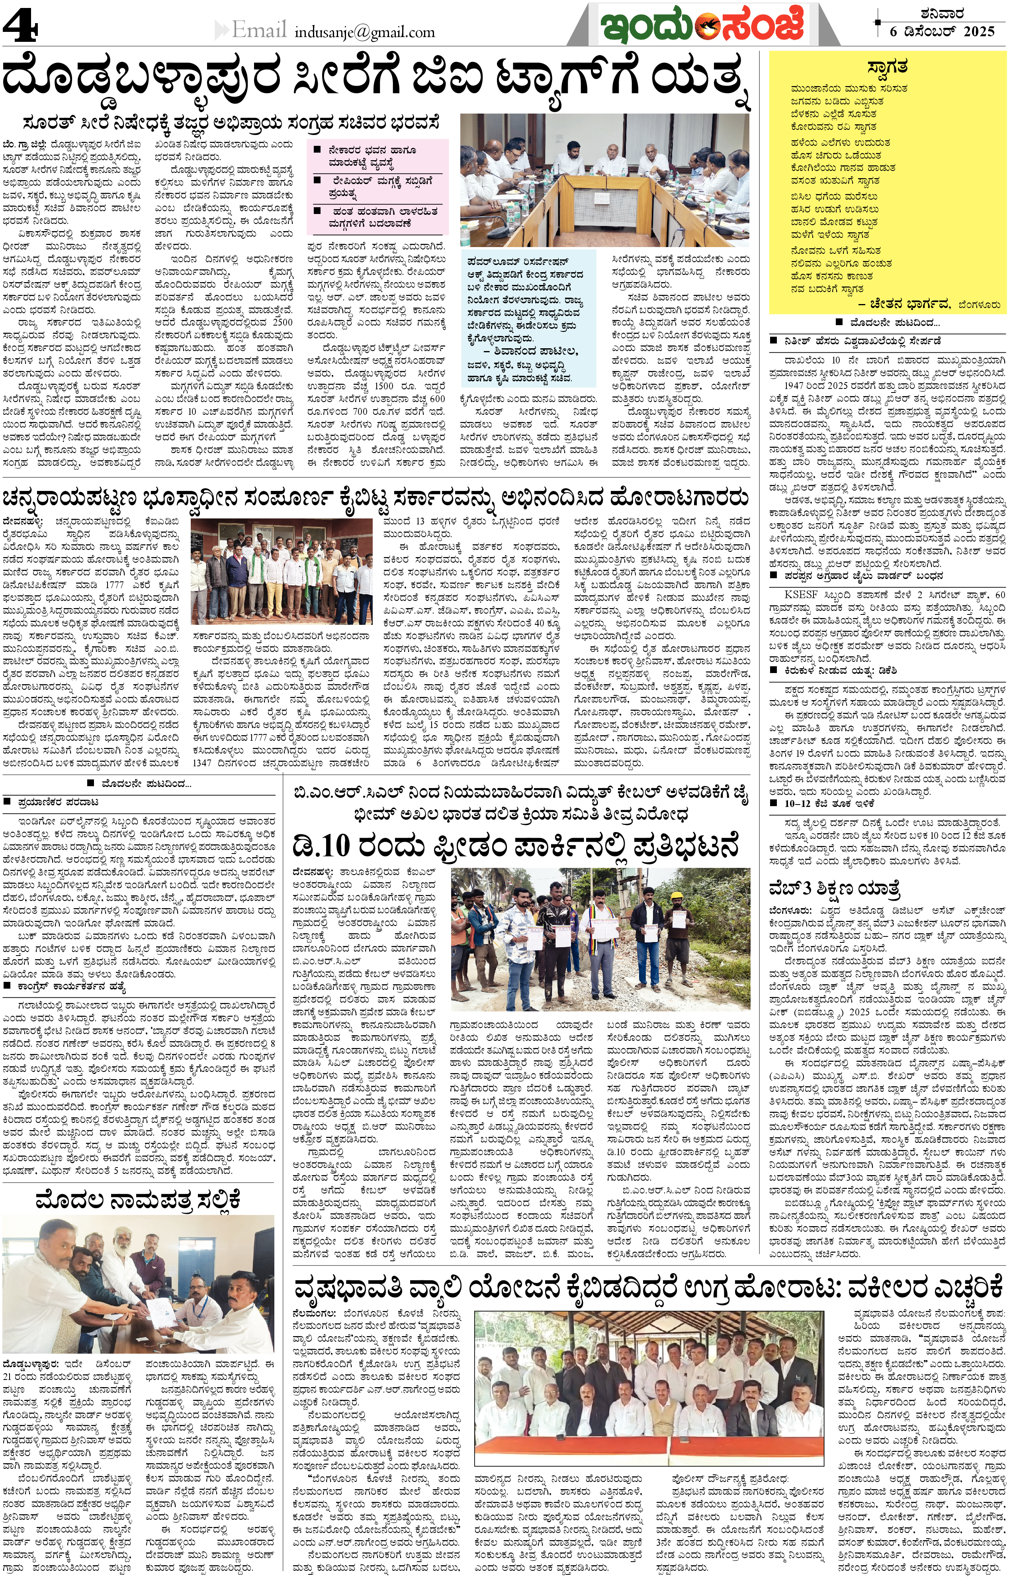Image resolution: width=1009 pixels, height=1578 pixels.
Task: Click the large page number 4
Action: [20, 27]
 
